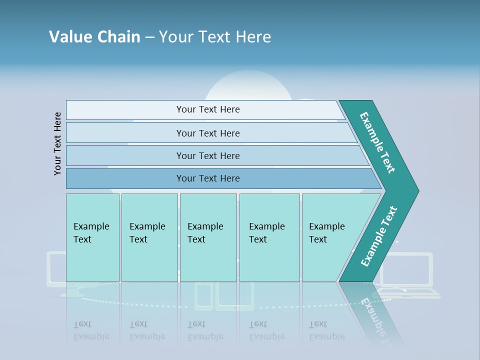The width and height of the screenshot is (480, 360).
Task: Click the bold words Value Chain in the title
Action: click(x=94, y=37)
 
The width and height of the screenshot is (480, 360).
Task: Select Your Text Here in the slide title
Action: click(x=215, y=37)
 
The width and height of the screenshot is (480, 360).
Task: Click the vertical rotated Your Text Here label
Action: click(x=58, y=143)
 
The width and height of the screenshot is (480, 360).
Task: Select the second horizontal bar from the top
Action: click(x=207, y=133)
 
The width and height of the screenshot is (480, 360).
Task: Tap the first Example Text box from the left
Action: click(x=92, y=237)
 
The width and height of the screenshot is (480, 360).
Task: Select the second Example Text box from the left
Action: click(x=149, y=237)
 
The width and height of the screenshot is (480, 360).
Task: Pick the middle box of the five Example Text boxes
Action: click(x=208, y=237)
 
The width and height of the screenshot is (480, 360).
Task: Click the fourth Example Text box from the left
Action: click(x=269, y=237)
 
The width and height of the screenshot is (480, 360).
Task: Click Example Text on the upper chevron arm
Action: click(x=378, y=142)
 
